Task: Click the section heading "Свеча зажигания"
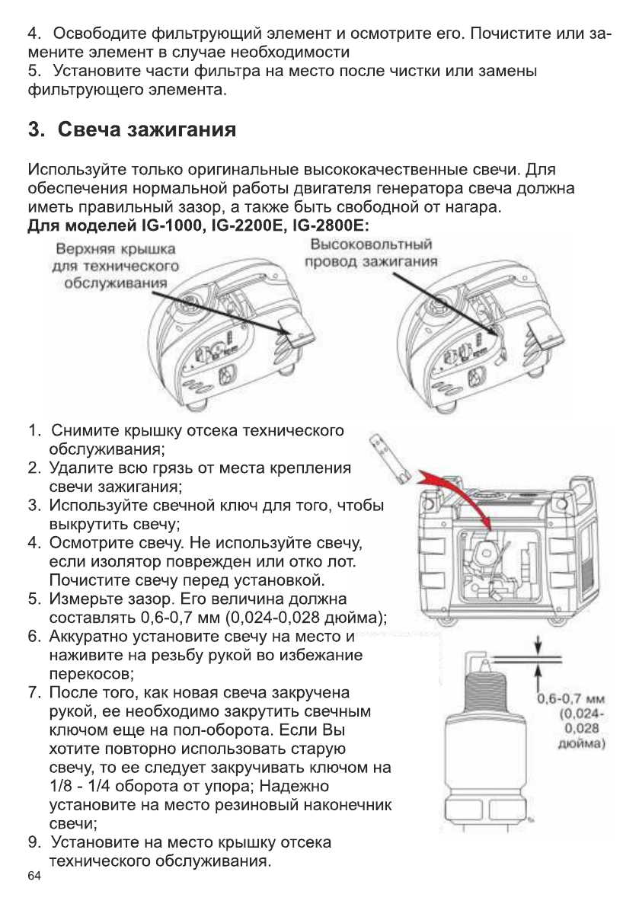click(130, 129)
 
